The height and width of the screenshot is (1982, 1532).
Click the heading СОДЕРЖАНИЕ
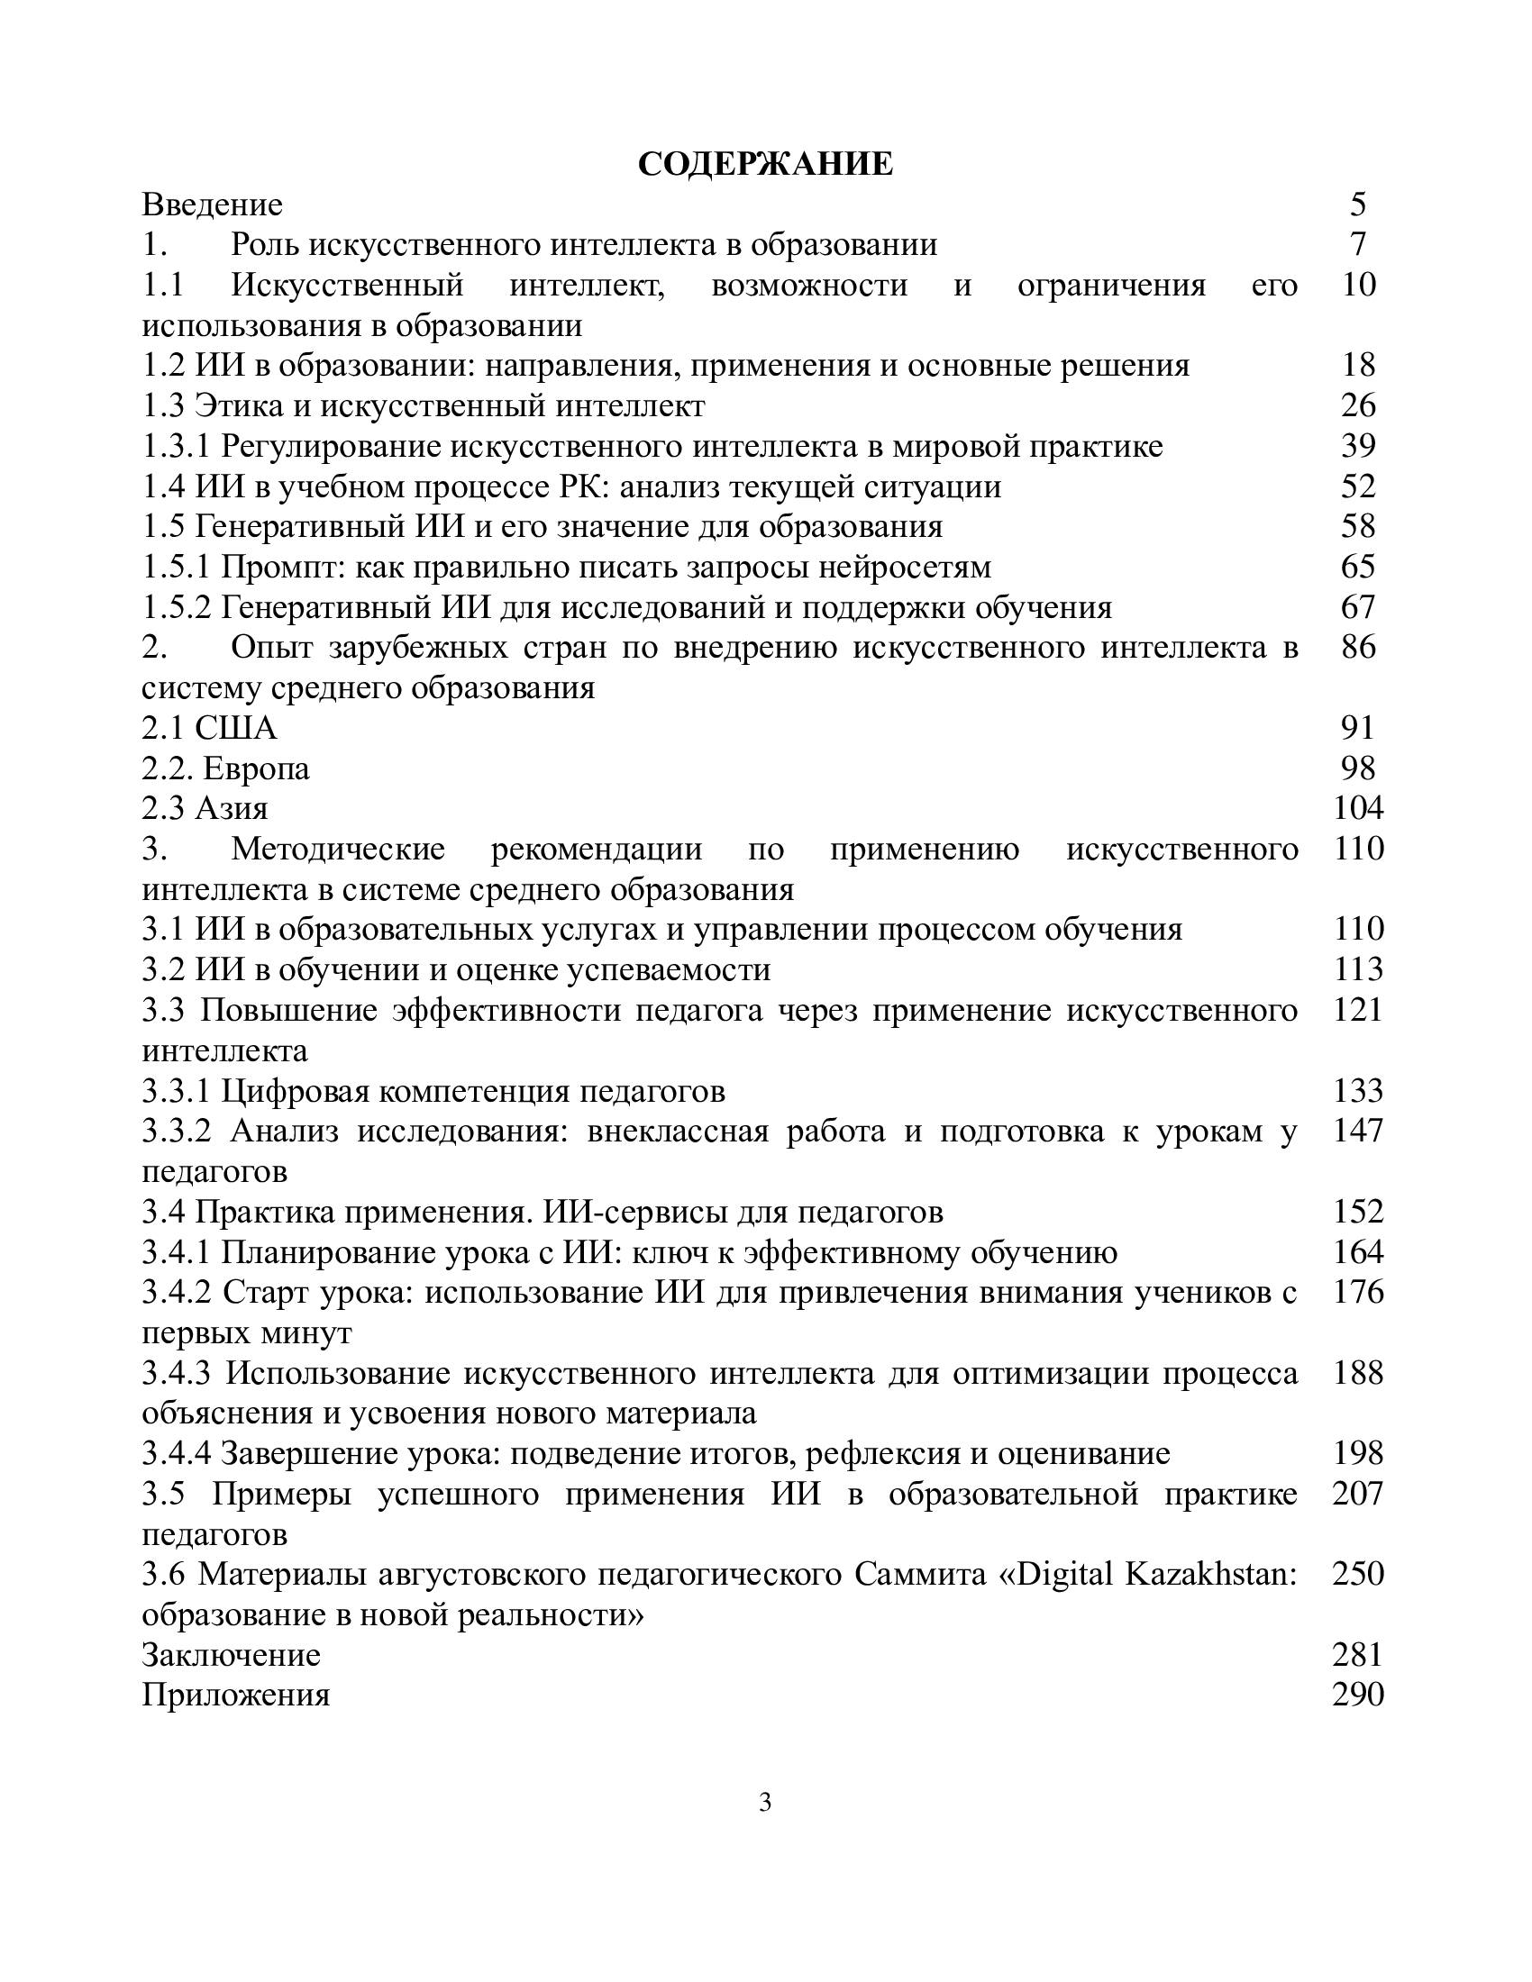click(x=765, y=164)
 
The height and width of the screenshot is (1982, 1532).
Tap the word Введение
click(x=213, y=205)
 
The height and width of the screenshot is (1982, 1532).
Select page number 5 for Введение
click(x=1357, y=205)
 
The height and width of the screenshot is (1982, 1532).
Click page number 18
click(x=1358, y=366)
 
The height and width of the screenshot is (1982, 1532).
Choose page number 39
click(x=1358, y=447)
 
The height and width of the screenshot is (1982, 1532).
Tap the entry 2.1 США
click(x=210, y=728)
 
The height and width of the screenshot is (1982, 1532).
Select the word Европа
click(x=256, y=768)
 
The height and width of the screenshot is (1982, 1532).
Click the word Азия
click(x=232, y=809)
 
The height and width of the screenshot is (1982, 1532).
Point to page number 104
click(x=1358, y=809)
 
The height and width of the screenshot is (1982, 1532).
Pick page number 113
click(x=1358, y=970)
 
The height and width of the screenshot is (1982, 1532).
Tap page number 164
click(x=1358, y=1252)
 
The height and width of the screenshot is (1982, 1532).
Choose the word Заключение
click(x=232, y=1655)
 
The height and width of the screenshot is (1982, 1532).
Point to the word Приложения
click(x=236, y=1696)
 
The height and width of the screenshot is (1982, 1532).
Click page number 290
click(x=1358, y=1696)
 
